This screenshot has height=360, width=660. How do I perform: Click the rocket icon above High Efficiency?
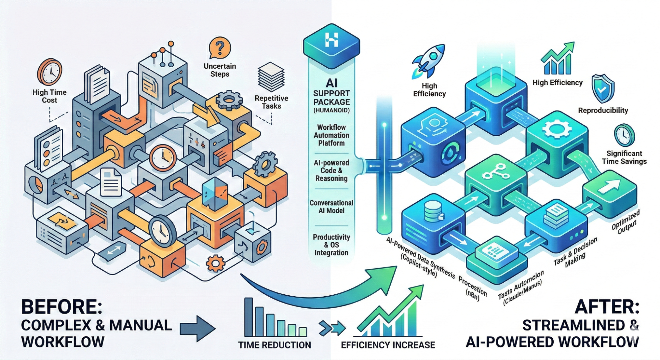(428, 62)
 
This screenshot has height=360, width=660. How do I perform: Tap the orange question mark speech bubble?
(220, 49)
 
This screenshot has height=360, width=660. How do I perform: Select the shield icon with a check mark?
(603, 89)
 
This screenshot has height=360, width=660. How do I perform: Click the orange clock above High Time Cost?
(50, 72)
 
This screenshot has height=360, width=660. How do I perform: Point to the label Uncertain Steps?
(220, 70)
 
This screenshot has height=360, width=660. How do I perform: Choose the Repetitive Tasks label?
(271, 102)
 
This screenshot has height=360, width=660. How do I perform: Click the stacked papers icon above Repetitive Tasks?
(271, 77)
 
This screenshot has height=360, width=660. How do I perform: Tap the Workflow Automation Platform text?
(331, 135)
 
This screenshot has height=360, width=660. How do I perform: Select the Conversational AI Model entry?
(331, 207)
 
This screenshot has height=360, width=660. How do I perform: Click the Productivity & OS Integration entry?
(331, 245)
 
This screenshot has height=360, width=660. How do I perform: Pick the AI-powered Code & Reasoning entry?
(331, 171)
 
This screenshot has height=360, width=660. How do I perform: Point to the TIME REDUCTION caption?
(275, 345)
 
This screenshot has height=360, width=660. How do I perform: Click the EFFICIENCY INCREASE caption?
(388, 345)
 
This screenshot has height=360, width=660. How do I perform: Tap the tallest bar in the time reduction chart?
(249, 317)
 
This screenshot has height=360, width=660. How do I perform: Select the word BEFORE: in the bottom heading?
(62, 307)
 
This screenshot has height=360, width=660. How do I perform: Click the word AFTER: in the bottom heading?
(607, 307)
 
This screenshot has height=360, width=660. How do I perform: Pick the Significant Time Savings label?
(624, 157)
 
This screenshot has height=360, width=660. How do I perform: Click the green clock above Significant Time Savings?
(624, 135)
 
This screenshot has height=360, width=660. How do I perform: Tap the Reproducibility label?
(603, 111)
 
